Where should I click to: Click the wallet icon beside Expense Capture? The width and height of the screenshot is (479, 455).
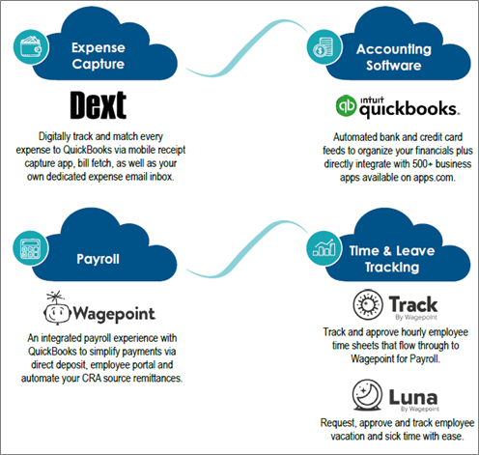click(31, 47)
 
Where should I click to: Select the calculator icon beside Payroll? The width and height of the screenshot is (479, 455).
click(31, 248)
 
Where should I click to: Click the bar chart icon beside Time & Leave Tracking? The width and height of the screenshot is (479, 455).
click(324, 248)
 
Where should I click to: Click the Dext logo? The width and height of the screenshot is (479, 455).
click(99, 105)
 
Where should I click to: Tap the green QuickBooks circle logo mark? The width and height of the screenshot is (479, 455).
click(346, 105)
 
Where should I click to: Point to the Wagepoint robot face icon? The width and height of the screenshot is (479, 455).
click(57, 307)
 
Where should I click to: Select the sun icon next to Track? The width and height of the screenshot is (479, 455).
click(368, 304)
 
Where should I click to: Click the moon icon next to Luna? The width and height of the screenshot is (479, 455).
click(367, 395)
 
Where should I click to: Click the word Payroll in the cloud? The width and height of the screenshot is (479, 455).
click(98, 259)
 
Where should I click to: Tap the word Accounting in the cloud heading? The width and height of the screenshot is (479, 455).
click(394, 49)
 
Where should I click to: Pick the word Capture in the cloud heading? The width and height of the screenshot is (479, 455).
click(99, 64)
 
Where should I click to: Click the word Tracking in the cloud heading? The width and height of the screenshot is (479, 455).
click(392, 267)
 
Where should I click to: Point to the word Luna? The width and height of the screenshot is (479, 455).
click(413, 397)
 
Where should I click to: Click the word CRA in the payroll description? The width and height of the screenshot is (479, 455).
click(92, 378)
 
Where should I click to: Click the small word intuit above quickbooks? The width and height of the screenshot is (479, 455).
click(372, 100)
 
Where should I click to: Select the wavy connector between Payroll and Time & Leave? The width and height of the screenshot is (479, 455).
click(246, 249)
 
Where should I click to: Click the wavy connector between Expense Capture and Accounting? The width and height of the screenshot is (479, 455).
click(246, 48)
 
